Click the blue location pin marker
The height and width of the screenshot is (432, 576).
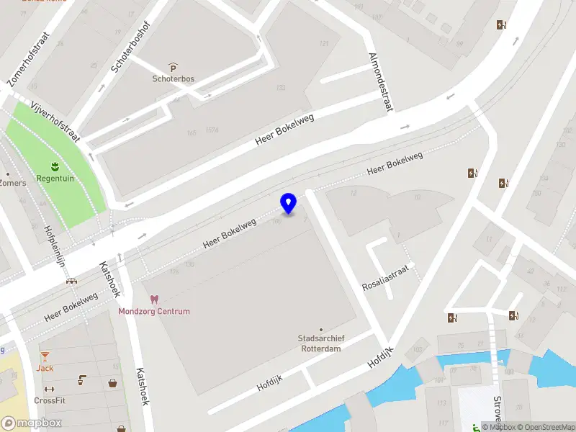289,204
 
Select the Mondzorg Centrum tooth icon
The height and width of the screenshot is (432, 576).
153,299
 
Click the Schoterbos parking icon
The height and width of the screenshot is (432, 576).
173,67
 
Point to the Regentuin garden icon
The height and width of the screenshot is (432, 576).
56,166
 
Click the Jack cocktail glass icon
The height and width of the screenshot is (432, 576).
45,356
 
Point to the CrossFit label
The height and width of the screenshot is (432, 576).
49,400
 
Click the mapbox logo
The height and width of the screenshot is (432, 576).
32,423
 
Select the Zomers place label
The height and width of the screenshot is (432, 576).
13,183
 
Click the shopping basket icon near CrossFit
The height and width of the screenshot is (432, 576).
113,383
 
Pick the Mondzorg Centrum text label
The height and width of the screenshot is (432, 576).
154,312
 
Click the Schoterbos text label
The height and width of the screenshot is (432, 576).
174,79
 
